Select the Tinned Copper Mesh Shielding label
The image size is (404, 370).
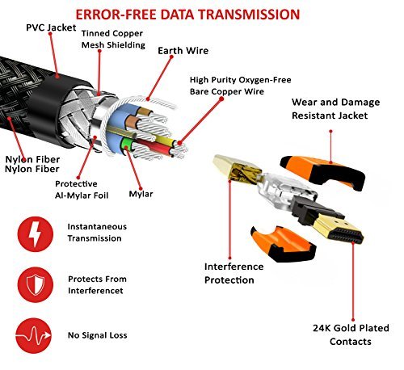(x=112, y=39)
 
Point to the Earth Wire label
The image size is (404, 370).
(x=183, y=51)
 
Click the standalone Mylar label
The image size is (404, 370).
(x=141, y=194)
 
